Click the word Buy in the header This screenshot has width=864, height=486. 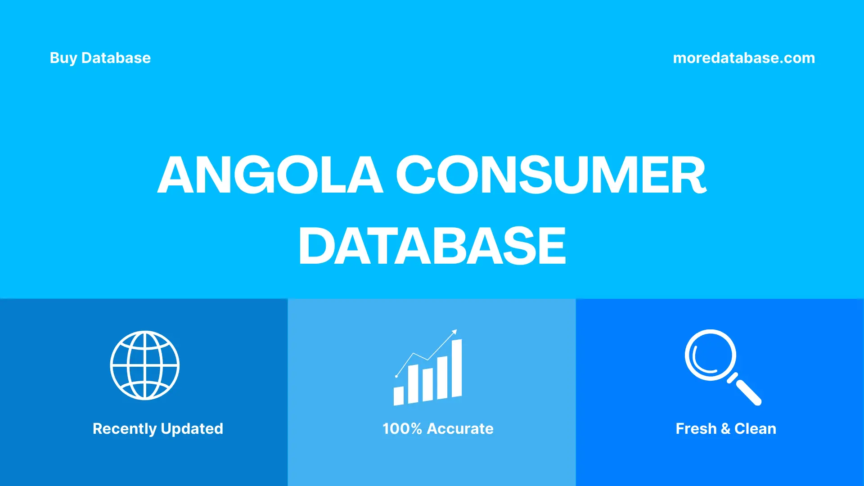63,58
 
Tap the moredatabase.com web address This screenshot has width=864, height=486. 743,58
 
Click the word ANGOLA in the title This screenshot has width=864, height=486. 270,175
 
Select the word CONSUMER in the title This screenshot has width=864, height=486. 551,175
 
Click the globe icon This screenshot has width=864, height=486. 145,365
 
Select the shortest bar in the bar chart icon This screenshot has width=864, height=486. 399,396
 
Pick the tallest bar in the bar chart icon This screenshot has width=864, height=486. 457,368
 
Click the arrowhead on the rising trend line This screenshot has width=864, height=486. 454,332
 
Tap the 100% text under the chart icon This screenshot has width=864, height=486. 402,429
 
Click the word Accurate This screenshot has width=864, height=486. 460,429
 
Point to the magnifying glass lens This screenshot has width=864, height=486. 711,355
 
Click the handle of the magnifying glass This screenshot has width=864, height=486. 748,392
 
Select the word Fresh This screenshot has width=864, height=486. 696,429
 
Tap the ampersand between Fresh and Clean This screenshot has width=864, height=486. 725,429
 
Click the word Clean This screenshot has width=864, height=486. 755,429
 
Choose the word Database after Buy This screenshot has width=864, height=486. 116,58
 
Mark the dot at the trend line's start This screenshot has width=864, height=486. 396,376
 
